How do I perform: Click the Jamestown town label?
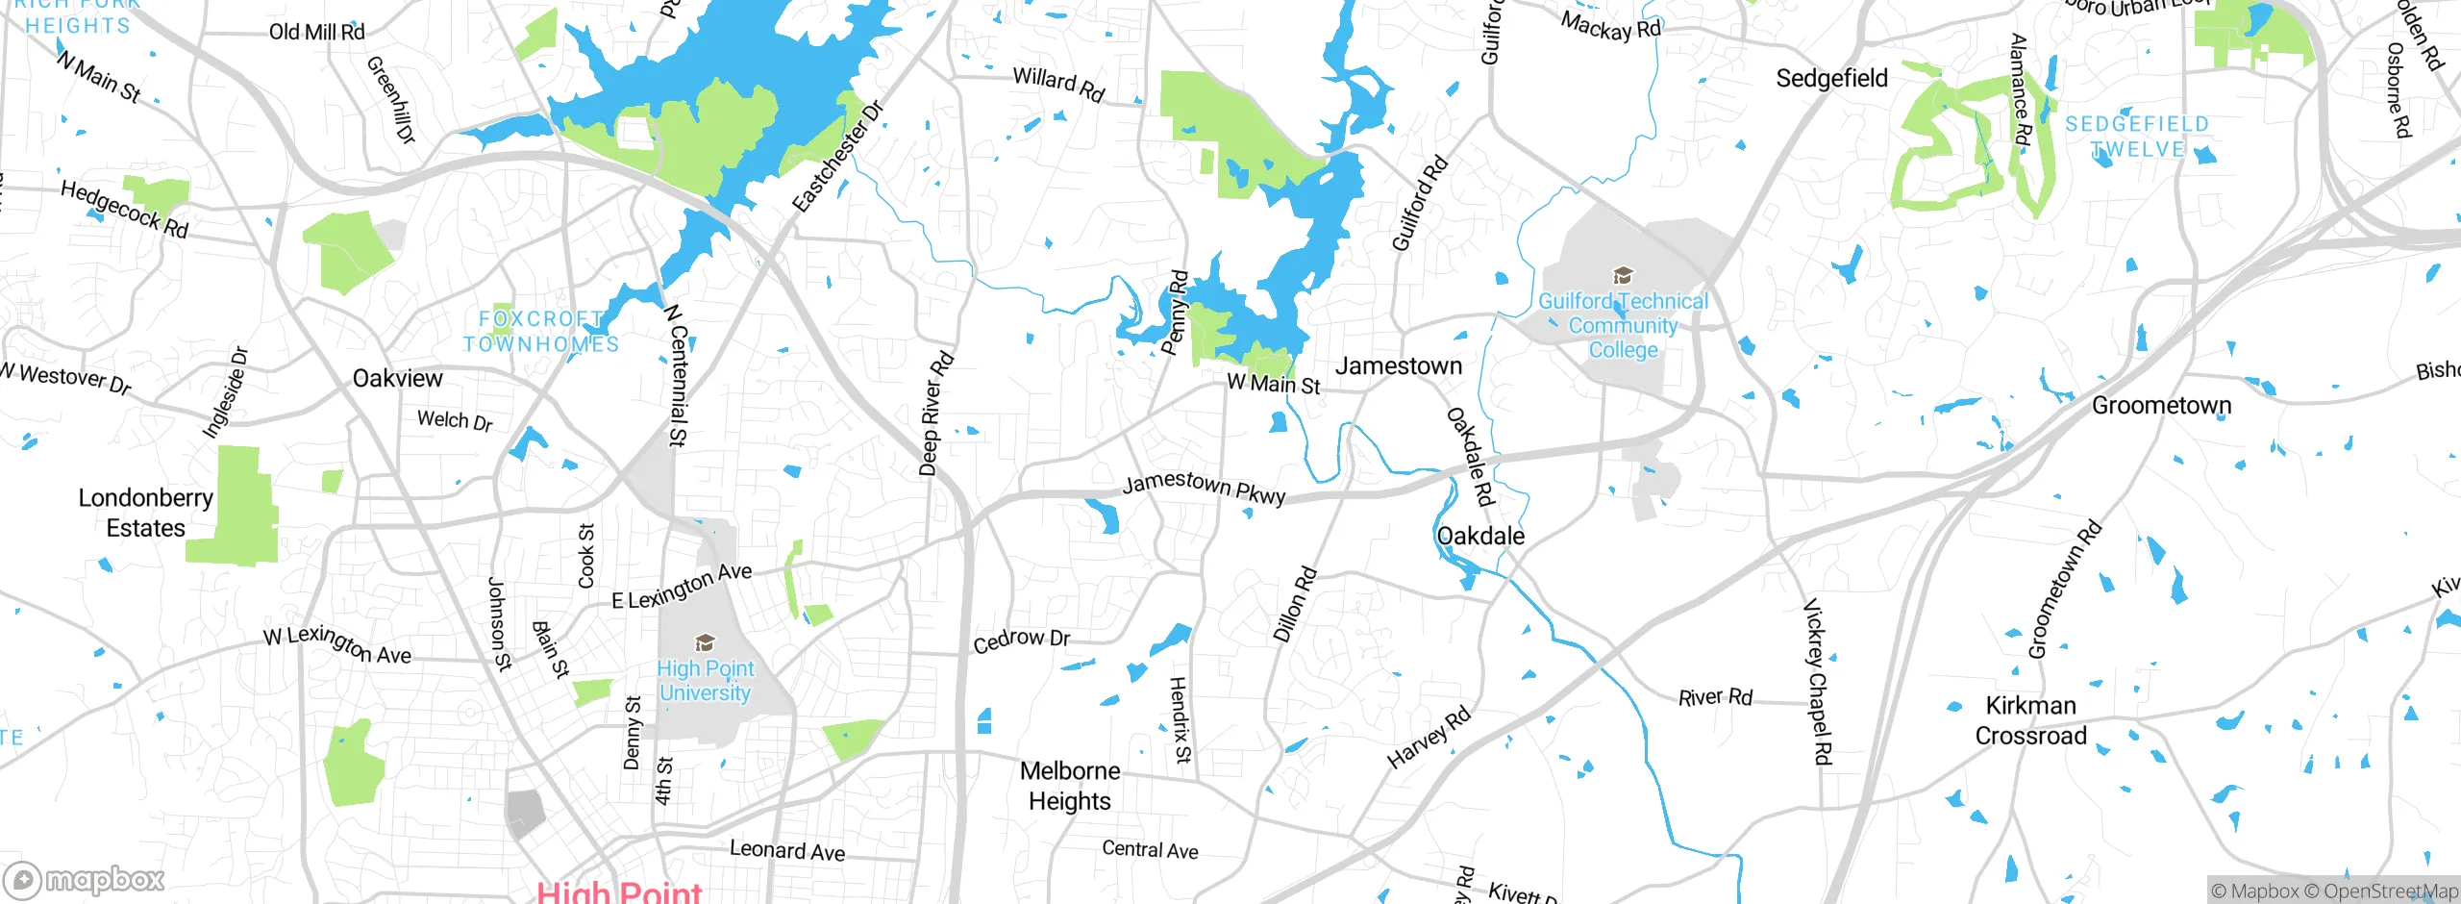click(x=1398, y=366)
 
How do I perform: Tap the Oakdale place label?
click(x=1479, y=537)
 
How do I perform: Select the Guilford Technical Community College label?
click(x=1623, y=326)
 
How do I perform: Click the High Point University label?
click(x=705, y=681)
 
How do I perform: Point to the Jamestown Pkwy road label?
click(x=1204, y=489)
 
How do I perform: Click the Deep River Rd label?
click(x=935, y=414)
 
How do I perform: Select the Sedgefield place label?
click(x=1831, y=79)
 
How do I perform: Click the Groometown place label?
click(x=2161, y=406)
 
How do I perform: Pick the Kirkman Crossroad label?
click(x=2030, y=721)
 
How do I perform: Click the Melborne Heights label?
click(x=1069, y=786)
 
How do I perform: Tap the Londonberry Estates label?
click(x=145, y=513)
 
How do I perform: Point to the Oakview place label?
click(x=397, y=379)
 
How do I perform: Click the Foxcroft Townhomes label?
click(x=541, y=332)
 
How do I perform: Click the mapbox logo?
click(x=85, y=879)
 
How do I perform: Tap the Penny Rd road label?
click(x=1175, y=313)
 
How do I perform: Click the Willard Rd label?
click(x=1058, y=85)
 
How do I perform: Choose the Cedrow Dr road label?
click(x=1021, y=640)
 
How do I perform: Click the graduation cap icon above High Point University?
click(x=705, y=642)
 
